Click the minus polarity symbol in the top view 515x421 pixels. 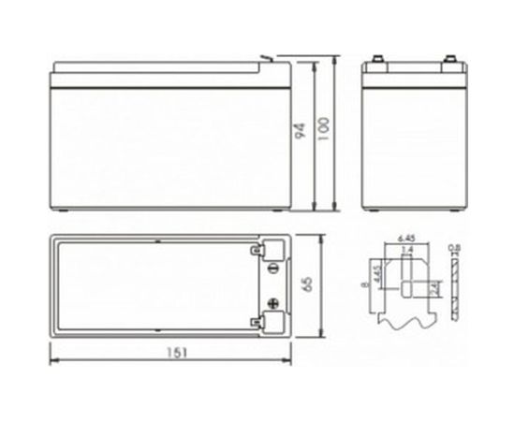[272, 268]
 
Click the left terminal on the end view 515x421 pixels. [380, 64]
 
